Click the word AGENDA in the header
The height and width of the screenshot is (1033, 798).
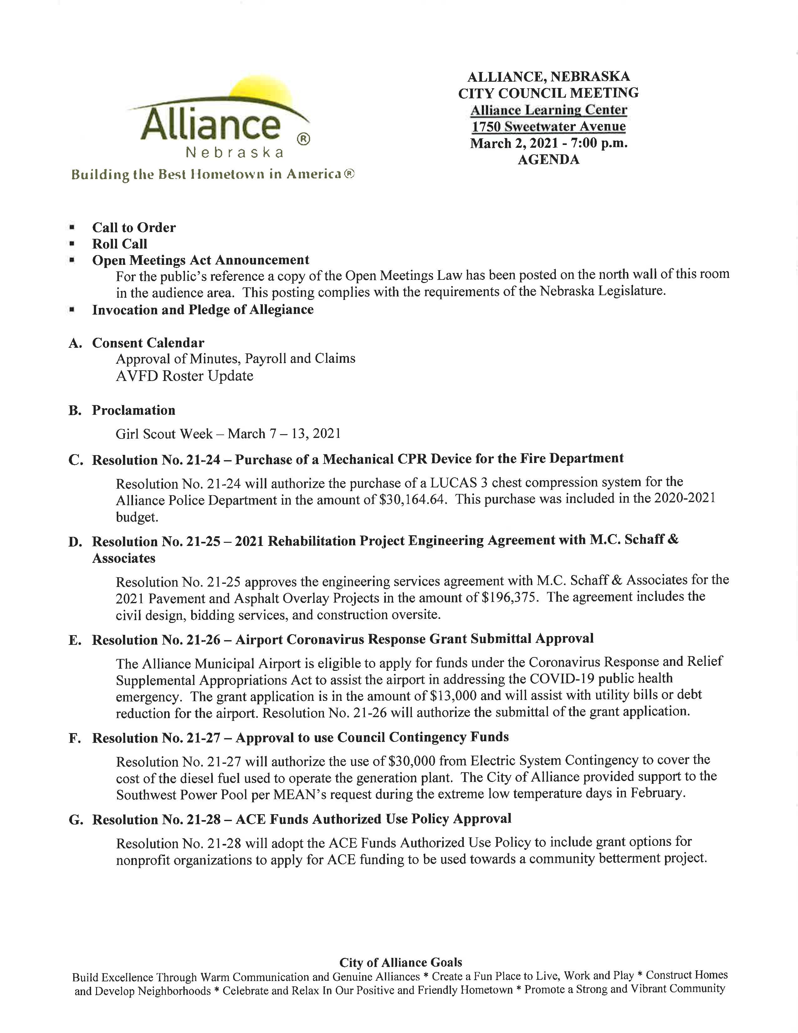(548, 160)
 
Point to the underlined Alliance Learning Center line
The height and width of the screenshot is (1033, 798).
(548, 110)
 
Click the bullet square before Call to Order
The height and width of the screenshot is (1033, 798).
(72, 228)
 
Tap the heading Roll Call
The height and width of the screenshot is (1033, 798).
(120, 244)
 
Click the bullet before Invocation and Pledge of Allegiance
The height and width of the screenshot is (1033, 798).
(72, 310)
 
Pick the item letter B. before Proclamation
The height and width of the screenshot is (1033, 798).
(75, 411)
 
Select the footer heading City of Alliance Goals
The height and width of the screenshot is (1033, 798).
(401, 963)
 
